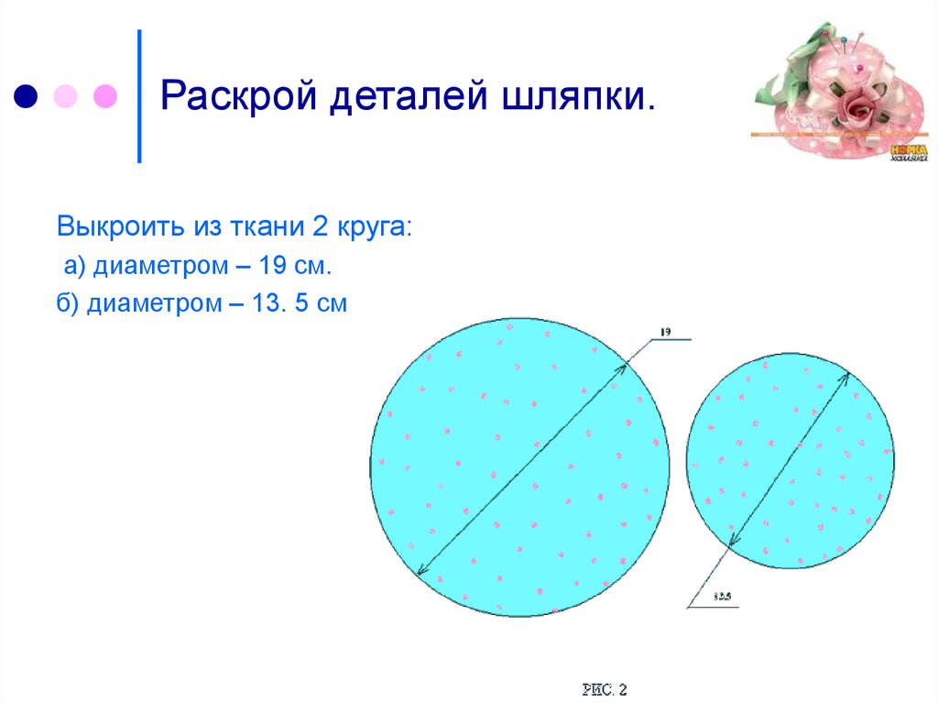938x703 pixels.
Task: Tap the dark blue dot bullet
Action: [x=27, y=95]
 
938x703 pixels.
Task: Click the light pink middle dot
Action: [x=66, y=95]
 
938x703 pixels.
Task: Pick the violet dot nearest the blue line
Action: [x=105, y=95]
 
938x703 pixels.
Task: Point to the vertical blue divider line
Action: [x=139, y=95]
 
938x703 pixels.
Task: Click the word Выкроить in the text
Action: [x=120, y=225]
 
